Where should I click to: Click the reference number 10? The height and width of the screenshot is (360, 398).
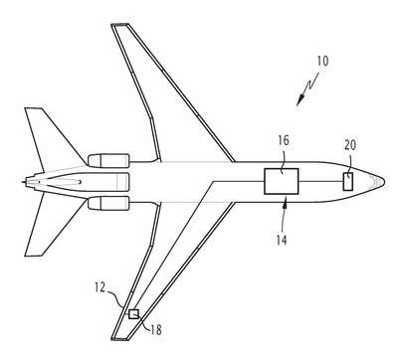[322, 61]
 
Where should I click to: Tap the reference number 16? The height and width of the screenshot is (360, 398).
[284, 140]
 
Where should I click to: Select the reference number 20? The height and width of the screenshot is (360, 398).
[350, 145]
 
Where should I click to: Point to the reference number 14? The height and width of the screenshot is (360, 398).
[282, 240]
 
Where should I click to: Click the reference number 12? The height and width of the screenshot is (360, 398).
[99, 287]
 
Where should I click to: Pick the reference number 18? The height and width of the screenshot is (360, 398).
[156, 330]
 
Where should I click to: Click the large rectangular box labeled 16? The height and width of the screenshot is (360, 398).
[282, 181]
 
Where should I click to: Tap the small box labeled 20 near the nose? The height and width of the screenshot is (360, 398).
[348, 182]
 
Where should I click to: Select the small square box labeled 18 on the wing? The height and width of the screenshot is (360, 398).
[133, 313]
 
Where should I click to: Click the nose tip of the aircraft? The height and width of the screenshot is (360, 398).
[384, 182]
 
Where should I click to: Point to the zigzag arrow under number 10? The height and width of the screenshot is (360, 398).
[307, 89]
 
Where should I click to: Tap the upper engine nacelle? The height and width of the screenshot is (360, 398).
[108, 161]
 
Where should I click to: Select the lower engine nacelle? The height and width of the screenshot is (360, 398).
[108, 203]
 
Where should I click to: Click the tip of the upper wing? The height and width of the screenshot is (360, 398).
[119, 25]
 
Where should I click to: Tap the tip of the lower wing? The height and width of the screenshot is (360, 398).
[119, 338]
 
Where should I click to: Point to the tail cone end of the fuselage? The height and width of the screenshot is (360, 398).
[23, 182]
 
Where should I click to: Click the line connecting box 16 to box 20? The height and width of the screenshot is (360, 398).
[321, 181]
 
